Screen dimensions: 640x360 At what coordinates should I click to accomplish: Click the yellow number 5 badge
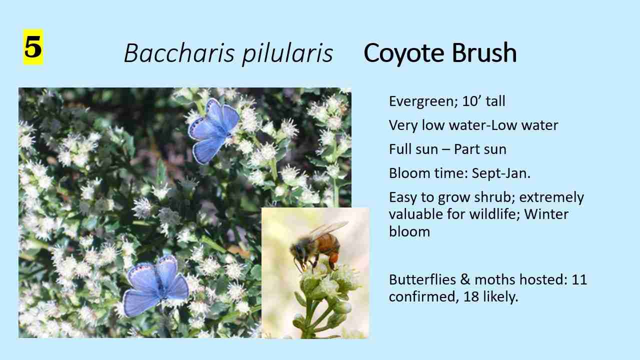click(x=33, y=47)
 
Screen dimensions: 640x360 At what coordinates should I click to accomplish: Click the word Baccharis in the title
click(x=179, y=53)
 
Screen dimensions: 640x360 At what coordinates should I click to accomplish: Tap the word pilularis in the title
click(x=287, y=54)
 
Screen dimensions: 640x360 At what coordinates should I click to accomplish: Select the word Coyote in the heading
click(x=403, y=53)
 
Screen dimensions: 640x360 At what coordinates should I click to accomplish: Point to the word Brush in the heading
click(x=484, y=52)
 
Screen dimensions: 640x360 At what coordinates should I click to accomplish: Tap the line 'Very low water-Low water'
click(x=473, y=125)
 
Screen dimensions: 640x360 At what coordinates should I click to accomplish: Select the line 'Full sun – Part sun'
click(x=447, y=149)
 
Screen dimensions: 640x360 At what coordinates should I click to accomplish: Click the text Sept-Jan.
click(x=501, y=173)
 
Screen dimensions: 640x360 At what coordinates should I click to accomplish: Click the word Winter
click(x=546, y=214)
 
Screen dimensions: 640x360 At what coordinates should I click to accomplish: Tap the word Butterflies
click(x=422, y=279)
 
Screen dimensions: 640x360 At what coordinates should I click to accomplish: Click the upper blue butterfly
click(x=213, y=131)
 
